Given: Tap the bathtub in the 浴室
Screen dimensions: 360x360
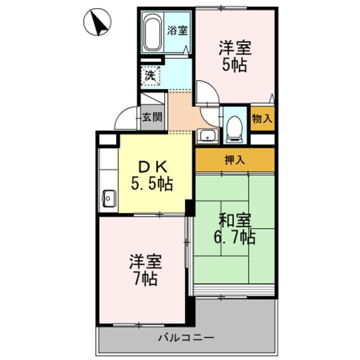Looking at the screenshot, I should (x=151, y=33).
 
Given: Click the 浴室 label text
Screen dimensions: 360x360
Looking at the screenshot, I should (x=177, y=30).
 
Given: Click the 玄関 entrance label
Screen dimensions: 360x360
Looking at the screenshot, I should (x=152, y=118).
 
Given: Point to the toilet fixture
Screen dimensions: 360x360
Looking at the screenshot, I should (x=233, y=127).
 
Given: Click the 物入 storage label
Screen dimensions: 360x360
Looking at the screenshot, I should (x=262, y=119).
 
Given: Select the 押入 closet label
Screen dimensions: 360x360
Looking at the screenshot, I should (x=234, y=160).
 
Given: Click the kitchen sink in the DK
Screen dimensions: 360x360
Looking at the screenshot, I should (x=108, y=198).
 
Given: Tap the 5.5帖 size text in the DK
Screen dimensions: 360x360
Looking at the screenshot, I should (x=152, y=185).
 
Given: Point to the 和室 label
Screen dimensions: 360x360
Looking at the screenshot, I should (x=234, y=220).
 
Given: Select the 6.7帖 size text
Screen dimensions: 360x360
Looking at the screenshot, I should (x=234, y=237).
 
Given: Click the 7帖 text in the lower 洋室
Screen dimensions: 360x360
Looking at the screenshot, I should (x=145, y=278).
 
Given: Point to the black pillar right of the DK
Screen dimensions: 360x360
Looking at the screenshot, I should (x=189, y=207).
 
